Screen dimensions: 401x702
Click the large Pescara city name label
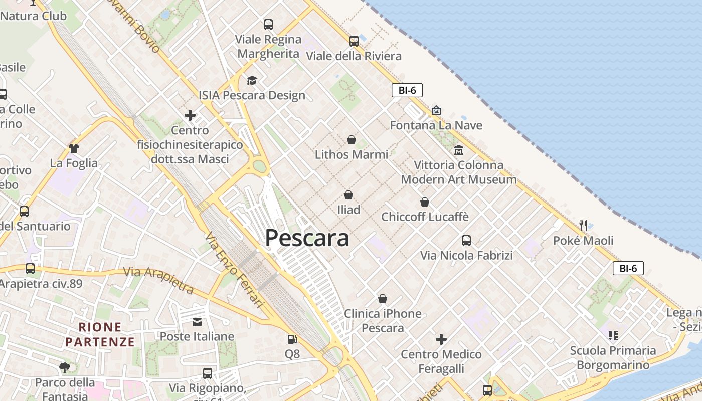tap(307, 238)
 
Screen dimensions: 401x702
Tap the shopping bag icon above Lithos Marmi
tap(352, 140)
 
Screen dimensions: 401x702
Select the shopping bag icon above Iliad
tap(348, 195)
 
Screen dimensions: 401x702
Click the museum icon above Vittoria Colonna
tap(458, 150)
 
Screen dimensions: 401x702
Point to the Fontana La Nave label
tap(436, 125)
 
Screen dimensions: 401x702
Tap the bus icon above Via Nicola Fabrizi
tap(466, 241)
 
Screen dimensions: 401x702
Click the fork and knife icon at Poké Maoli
tap(583, 226)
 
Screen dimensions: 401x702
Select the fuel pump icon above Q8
tap(292, 339)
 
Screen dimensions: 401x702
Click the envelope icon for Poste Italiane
tap(197, 322)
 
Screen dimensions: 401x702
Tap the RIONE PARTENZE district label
tap(100, 334)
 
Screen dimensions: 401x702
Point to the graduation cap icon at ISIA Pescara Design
tap(252, 81)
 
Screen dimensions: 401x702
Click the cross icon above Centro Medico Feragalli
tap(441, 340)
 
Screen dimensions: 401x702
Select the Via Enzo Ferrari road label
tap(234, 269)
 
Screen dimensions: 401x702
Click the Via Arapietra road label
tap(158, 280)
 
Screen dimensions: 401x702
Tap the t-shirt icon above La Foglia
tap(74, 148)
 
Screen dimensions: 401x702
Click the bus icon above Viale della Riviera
tap(354, 41)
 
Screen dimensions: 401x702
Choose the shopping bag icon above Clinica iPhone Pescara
tap(383, 299)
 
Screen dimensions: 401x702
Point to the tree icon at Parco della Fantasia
tap(64, 368)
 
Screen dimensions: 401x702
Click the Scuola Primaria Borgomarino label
tap(613, 357)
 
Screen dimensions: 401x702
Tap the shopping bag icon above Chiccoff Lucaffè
tap(425, 202)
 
